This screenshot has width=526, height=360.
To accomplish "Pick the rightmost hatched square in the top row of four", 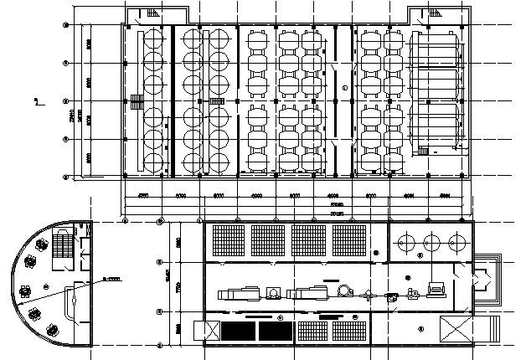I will tap(349, 240).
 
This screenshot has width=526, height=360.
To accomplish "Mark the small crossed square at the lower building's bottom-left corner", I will tap(199, 329).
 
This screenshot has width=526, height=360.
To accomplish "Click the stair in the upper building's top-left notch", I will tap(152, 13).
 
